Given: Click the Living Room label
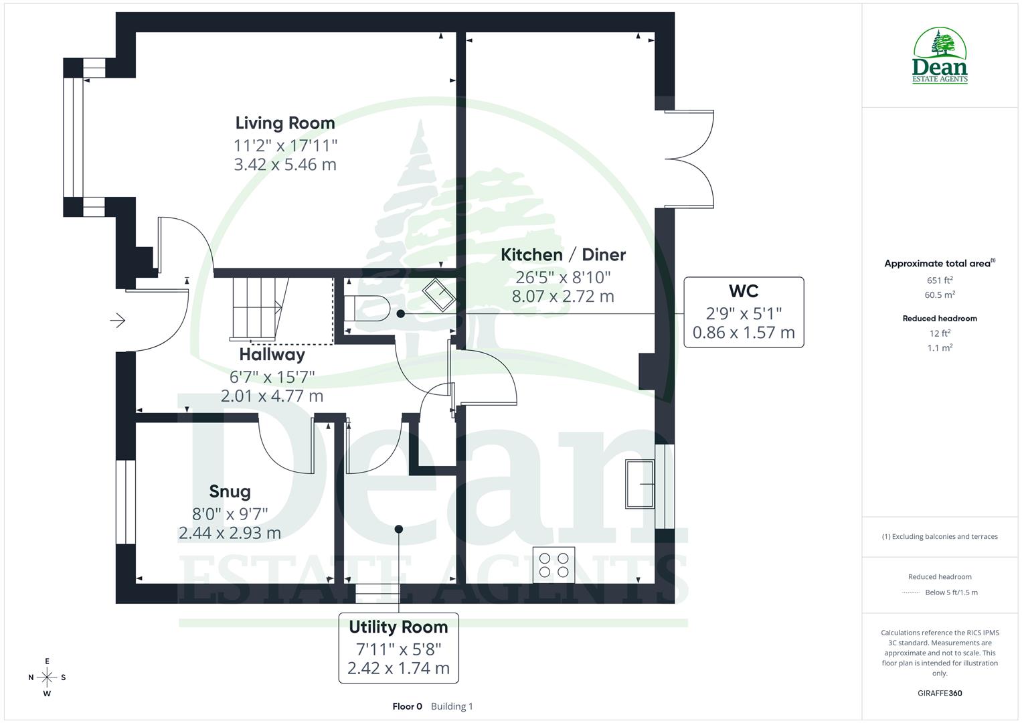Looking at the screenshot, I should pyautogui.click(x=285, y=123).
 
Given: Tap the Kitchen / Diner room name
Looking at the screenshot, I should pyautogui.click(x=563, y=255).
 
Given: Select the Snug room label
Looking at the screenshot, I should pyautogui.click(x=230, y=491).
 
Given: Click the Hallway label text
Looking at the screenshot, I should pyautogui.click(x=272, y=354).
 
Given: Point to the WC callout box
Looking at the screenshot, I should pyautogui.click(x=743, y=312).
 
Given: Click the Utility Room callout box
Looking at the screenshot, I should pyautogui.click(x=398, y=647).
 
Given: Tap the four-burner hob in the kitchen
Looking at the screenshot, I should pyautogui.click(x=553, y=564).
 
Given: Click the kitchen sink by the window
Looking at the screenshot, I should pyautogui.click(x=640, y=484).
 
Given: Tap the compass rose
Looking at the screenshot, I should pyautogui.click(x=47, y=677).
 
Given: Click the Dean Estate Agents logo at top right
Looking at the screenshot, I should pyautogui.click(x=940, y=56).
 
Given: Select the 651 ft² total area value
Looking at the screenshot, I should pyautogui.click(x=940, y=280).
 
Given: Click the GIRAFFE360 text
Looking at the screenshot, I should pyautogui.click(x=940, y=694).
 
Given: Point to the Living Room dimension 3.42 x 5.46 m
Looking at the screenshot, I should pyautogui.click(x=285, y=165).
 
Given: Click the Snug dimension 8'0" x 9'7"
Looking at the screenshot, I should pyautogui.click(x=230, y=513).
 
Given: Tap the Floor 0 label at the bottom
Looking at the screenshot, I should pyautogui.click(x=407, y=706).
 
